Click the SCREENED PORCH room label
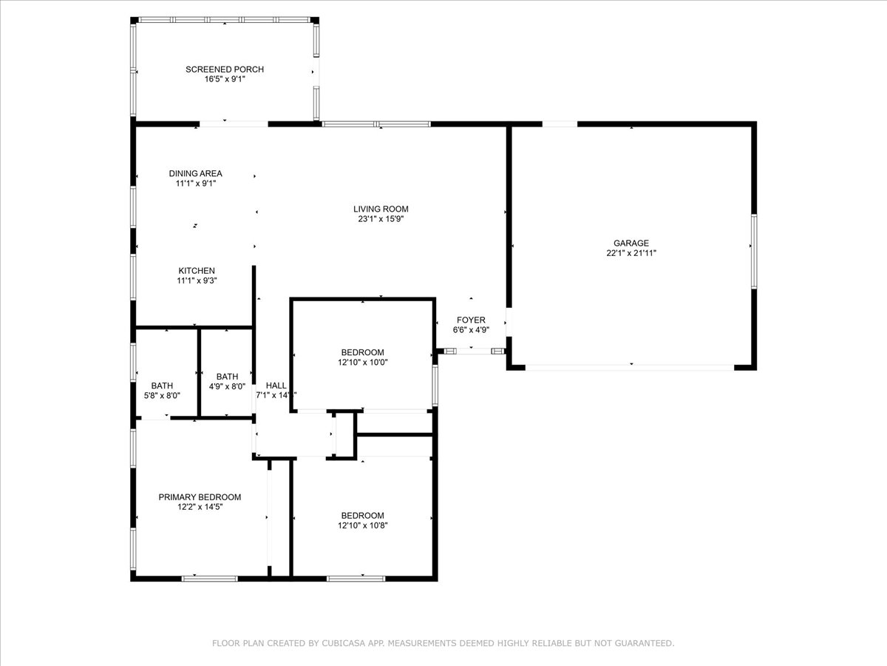click(225, 70)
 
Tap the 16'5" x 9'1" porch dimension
click(225, 79)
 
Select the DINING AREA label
click(196, 173)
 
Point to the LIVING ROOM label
click(381, 209)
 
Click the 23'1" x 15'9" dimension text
click(381, 219)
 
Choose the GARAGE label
click(631, 243)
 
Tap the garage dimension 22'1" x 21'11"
click(631, 253)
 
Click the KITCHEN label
click(197, 271)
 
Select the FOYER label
click(471, 320)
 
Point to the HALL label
click(276, 386)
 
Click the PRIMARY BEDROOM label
click(200, 497)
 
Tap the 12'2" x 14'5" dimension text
click(200, 507)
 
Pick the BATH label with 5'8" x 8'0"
click(162, 386)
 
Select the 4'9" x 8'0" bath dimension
click(227, 386)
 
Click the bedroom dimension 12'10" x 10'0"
click(362, 363)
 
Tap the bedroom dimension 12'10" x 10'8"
click(362, 525)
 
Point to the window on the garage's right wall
click(754, 251)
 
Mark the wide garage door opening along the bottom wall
click(630, 368)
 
